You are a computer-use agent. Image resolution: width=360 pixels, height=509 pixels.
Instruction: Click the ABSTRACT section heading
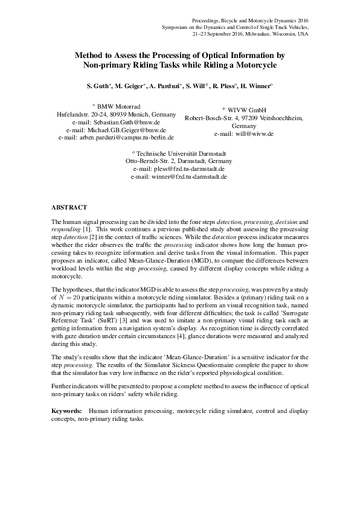(x=69, y=206)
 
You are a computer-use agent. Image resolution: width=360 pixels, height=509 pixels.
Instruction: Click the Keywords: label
(x=67, y=394)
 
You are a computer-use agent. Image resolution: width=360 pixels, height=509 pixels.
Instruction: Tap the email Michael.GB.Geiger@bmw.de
(x=124, y=129)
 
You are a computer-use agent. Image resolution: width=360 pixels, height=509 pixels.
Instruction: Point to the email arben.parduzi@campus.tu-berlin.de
(x=124, y=137)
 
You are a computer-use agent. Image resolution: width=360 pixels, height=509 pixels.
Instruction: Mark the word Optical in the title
(x=211, y=54)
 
